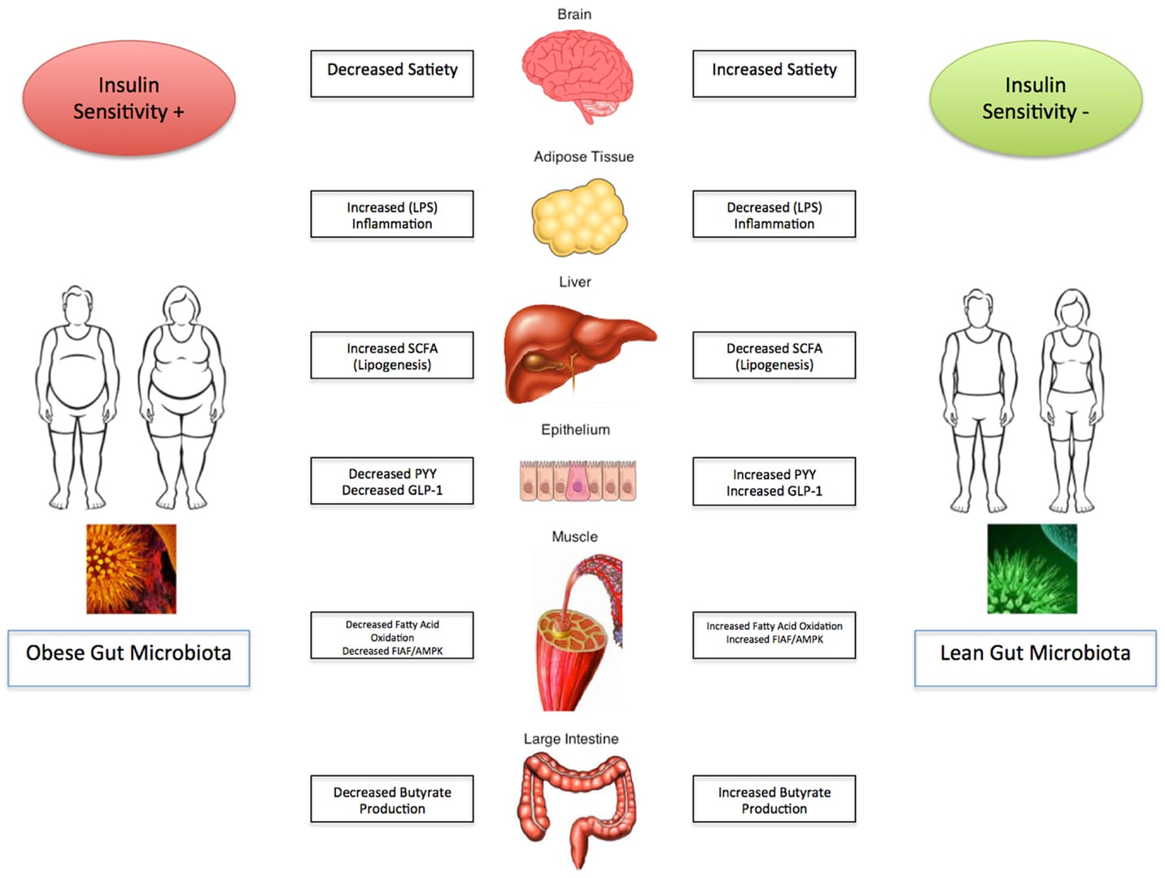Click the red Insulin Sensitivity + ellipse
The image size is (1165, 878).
point(129,98)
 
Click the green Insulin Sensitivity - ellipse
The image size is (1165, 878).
point(1035,98)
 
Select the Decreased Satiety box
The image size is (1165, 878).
point(392,74)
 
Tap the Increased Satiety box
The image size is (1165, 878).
point(774,74)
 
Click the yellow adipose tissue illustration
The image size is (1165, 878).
point(579,216)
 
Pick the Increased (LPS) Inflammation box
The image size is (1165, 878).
point(392,215)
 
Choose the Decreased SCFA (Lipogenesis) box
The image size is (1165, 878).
point(774,356)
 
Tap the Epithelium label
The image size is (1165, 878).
point(575,430)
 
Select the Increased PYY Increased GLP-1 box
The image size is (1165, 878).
point(774,482)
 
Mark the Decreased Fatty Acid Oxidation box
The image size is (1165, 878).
point(392,636)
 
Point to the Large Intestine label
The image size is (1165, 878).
point(570,739)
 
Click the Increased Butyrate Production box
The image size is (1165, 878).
point(774,799)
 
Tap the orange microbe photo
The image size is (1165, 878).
point(131,569)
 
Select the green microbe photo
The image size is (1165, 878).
point(1032,569)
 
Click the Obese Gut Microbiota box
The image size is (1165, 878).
point(129,657)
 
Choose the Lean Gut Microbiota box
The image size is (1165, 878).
point(1035,657)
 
